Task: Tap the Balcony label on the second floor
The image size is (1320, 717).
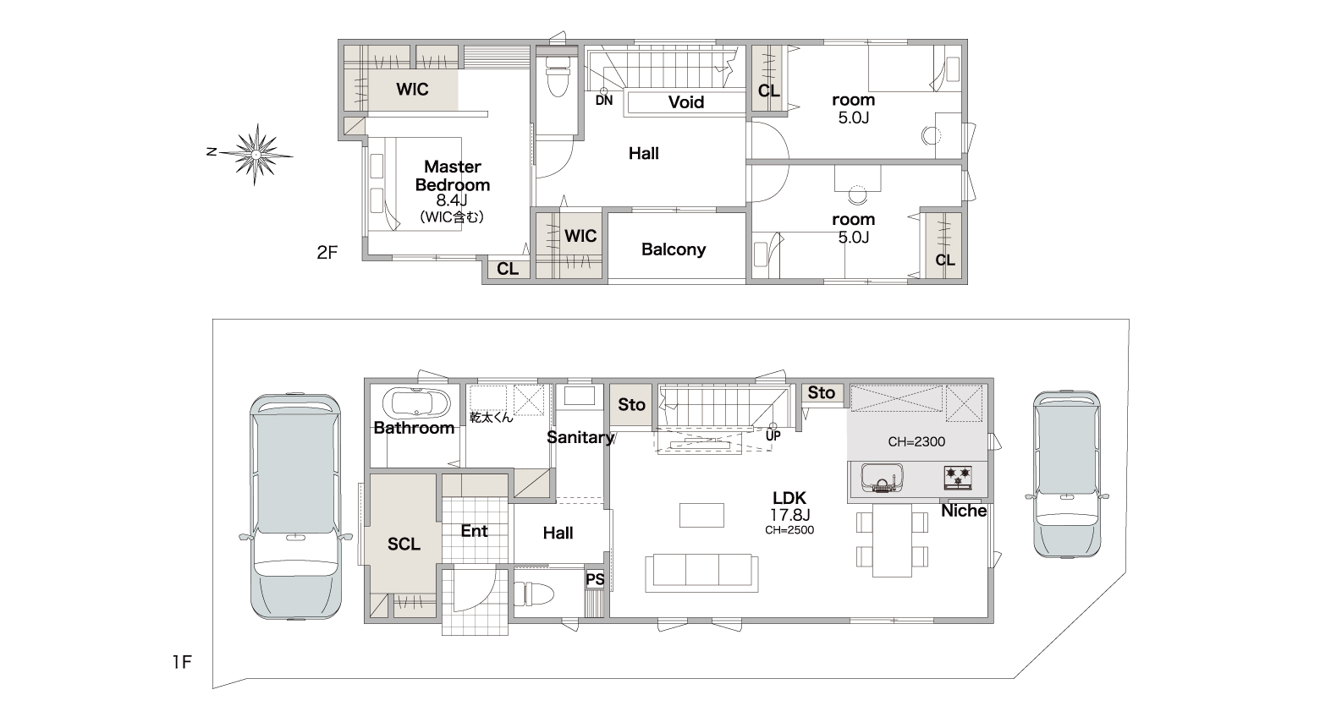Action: pos(674,249)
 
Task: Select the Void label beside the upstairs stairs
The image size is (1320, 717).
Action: pos(686,102)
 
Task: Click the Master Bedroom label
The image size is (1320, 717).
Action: pos(453,175)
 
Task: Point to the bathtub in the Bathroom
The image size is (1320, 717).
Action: pos(416,404)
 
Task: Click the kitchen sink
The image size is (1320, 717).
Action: pos(883,478)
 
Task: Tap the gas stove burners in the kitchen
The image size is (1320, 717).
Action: pos(958,477)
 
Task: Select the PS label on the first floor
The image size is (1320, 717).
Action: pos(595,580)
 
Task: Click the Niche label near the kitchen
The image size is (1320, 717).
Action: pos(964,511)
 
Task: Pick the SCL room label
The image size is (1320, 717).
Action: pos(404,544)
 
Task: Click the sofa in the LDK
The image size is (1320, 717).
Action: pos(701,572)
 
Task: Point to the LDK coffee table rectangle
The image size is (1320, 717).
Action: pos(701,515)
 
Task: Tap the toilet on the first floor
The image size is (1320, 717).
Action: pos(534,594)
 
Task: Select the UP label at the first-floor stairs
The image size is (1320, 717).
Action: pos(773,436)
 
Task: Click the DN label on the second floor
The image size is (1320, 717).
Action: pos(604,101)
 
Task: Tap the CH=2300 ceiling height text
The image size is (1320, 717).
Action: pos(916,441)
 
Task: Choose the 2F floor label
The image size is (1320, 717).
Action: pos(327,253)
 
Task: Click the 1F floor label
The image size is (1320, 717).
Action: pos(182,662)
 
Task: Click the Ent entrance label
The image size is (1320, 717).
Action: pos(475,531)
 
